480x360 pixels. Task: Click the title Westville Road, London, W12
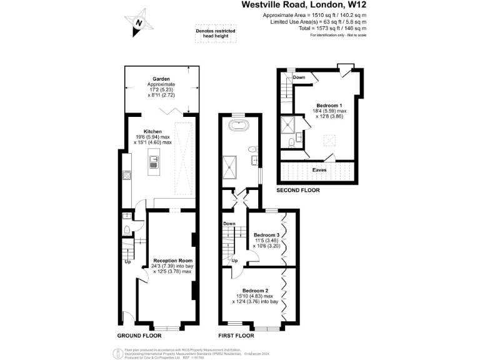(x=304, y=5)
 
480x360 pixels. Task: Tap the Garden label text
(x=161, y=79)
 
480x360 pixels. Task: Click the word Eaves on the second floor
(x=319, y=169)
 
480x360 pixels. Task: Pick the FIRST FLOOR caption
(x=236, y=336)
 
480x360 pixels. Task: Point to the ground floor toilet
(x=127, y=230)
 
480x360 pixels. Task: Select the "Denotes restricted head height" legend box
(x=212, y=33)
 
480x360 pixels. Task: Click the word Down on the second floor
(x=299, y=77)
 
